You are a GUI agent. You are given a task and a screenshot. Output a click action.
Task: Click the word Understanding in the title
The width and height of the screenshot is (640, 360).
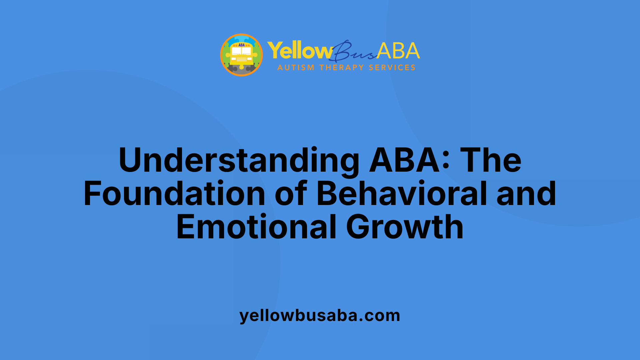click(x=239, y=161)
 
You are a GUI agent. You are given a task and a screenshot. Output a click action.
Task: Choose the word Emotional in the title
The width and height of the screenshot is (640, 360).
click(x=256, y=227)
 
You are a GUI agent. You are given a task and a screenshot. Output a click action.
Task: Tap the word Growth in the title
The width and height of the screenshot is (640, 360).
click(x=405, y=227)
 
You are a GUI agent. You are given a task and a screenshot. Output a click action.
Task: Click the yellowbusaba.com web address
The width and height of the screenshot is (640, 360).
click(x=320, y=315)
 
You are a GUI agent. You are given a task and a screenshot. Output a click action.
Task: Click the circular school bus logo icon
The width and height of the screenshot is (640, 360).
click(x=241, y=55)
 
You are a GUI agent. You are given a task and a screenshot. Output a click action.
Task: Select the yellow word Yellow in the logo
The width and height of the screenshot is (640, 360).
click(x=299, y=51)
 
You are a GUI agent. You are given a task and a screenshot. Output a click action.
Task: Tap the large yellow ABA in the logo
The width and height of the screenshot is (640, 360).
click(x=398, y=51)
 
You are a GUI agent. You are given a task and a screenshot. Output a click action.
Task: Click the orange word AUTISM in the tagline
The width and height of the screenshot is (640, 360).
click(x=296, y=68)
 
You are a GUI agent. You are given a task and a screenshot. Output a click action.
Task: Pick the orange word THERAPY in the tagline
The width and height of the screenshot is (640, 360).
click(x=341, y=68)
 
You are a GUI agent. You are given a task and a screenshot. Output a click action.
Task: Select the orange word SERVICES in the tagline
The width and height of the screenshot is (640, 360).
click(x=392, y=68)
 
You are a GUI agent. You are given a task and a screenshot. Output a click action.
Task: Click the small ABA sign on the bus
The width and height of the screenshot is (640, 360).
click(x=241, y=45)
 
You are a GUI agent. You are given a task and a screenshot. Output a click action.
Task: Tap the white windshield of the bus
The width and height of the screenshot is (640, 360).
click(x=241, y=51)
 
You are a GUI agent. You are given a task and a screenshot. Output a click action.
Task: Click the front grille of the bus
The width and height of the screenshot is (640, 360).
click(x=241, y=59)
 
